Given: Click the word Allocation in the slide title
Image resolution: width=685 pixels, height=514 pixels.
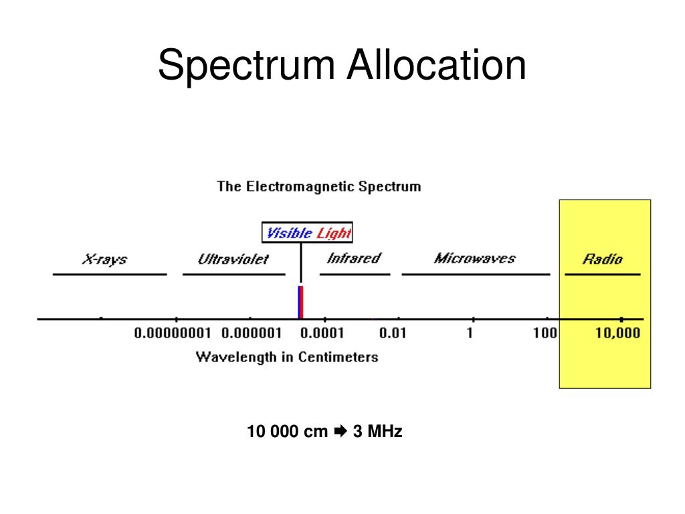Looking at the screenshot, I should coord(435,66).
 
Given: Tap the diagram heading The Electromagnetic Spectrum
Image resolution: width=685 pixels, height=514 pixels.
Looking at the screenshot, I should coord(319,187).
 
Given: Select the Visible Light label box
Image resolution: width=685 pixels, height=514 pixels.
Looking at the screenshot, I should coord(307,233).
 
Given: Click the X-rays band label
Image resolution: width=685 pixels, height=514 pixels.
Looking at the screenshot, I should coord(104,259).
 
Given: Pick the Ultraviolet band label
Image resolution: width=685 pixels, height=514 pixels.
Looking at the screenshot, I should coord(233,259).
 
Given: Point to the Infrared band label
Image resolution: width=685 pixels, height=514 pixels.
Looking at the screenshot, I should coord(354,258).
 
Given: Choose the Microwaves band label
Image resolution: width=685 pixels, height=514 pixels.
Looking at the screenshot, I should coord(475,258).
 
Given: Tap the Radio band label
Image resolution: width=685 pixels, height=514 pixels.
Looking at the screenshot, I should coord(602,259).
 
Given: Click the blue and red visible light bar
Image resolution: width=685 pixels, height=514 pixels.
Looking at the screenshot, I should coord(300,302).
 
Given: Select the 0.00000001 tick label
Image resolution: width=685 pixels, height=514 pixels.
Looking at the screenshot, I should coord(173,333).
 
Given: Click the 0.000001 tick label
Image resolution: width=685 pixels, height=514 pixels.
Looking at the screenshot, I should coord(252,333).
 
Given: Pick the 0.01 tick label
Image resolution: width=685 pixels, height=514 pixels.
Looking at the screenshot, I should coord(393,333).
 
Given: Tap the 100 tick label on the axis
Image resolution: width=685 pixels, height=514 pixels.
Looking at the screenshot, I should coord(545,333).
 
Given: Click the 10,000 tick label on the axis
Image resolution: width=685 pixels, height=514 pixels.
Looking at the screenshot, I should coord(618,333).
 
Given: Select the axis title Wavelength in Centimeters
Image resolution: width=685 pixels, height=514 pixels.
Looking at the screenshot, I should coord(287,357).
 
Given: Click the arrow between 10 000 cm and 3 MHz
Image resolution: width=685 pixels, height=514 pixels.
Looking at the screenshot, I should coord(340,432).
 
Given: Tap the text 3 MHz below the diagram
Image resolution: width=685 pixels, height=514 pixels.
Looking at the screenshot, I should coord(378,432).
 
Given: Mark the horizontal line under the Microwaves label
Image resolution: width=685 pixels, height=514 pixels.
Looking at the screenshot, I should coord(476,274).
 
